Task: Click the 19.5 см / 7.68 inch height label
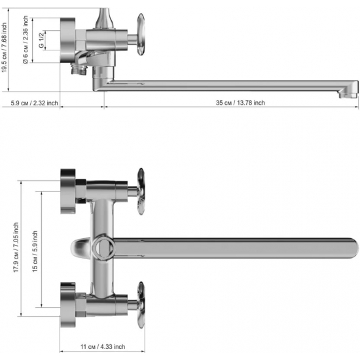[4, 48]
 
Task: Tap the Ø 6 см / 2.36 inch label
[26, 39]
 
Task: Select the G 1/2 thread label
[41, 40]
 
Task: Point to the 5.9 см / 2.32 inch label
[35, 103]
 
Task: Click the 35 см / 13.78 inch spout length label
[240, 103]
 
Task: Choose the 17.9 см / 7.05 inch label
[16, 247]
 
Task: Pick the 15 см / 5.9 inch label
[35, 251]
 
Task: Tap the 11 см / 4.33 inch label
[103, 346]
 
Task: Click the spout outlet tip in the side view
[348, 94]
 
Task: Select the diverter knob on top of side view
[104, 18]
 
